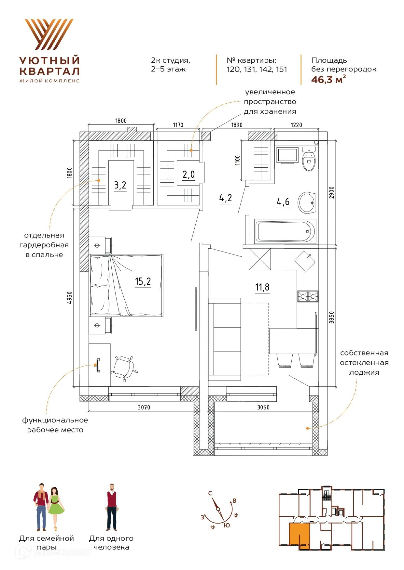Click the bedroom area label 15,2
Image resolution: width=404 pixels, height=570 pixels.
pos(143,281)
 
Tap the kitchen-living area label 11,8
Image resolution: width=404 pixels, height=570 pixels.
pos(262,287)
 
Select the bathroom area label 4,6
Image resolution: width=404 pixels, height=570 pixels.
pos(283,202)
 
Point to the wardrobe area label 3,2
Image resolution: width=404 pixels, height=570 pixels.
pos(120,185)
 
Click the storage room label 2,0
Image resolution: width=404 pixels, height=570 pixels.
pos(188,175)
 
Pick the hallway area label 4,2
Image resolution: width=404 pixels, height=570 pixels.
pos(226,198)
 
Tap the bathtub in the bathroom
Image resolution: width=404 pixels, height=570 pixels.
pos(285,231)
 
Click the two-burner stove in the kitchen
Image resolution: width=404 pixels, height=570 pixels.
pos(308,296)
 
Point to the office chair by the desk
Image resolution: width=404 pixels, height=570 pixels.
pos(125,368)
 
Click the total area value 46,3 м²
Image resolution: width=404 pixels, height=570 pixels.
pos(328,79)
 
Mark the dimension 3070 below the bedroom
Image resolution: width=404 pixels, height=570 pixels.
pos(144,408)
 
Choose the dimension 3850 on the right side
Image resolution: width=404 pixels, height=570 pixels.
pos(331,317)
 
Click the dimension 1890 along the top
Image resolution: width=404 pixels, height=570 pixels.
pos(237,125)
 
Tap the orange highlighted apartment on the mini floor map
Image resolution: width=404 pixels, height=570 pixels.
pos(299,535)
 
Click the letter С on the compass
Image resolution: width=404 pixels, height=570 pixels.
pos(210,493)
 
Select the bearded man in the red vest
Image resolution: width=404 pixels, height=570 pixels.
pos(112,507)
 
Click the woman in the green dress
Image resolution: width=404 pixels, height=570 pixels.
pos(56,509)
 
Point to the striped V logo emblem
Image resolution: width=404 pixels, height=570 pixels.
pos(49,34)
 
